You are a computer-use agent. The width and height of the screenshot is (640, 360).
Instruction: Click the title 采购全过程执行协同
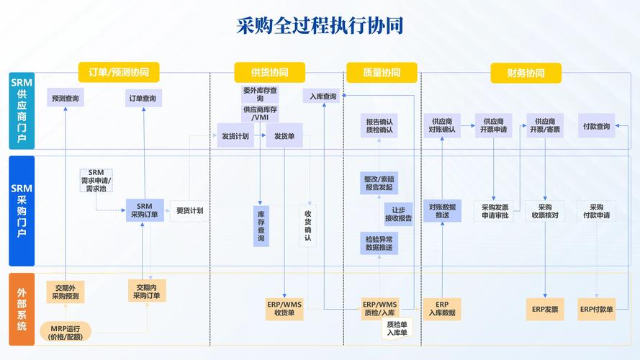[x=320, y=26]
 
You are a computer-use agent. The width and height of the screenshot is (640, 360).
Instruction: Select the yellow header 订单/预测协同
[x=119, y=73]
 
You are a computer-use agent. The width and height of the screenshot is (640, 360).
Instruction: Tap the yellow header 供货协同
[x=269, y=73]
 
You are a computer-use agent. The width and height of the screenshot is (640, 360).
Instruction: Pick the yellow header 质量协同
[x=382, y=73]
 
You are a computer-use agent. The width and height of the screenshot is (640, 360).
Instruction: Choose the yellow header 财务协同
[x=526, y=73]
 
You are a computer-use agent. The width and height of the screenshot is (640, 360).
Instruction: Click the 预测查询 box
[x=66, y=98]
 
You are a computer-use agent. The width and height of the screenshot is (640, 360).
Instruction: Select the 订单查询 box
[x=142, y=98]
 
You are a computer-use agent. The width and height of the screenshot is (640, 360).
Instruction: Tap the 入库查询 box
[x=321, y=96]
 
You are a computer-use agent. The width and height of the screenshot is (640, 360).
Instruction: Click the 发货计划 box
[x=235, y=135]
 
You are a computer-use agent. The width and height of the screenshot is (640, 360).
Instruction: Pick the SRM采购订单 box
[x=144, y=210]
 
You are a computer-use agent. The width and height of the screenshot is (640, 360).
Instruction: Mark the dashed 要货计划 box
[x=189, y=211]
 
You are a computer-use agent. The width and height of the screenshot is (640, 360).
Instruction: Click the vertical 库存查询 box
[x=261, y=226]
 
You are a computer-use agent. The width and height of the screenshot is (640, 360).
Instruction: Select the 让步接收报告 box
[x=398, y=213]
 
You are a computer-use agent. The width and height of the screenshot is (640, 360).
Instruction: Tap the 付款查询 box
[x=597, y=127]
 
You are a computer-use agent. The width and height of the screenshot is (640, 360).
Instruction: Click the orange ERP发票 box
[x=545, y=309]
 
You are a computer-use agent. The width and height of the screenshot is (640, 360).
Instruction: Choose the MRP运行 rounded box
[x=66, y=331]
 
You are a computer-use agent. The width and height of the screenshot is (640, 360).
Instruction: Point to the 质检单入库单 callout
[x=397, y=328]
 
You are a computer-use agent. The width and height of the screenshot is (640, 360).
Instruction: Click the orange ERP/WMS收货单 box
[x=284, y=308]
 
